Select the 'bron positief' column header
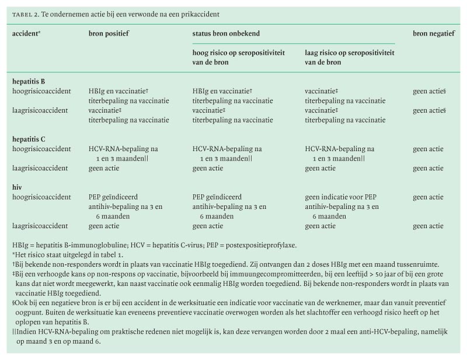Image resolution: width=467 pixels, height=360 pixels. pyautogui.click(x=109, y=34)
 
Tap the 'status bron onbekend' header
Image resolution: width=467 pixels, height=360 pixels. pyautogui.click(x=226, y=34)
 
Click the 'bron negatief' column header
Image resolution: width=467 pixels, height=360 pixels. pyautogui.click(x=434, y=34)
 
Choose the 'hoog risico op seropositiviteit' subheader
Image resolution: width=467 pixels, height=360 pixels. pyautogui.click(x=239, y=53)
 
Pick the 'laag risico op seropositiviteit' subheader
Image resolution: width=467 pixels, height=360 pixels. pyautogui.click(x=349, y=53)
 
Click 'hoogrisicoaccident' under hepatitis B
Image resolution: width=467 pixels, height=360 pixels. pyautogui.click(x=41, y=91)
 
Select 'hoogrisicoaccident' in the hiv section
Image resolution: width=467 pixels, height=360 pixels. pyautogui.click(x=41, y=197)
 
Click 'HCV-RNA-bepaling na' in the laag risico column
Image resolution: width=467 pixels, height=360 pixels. pyautogui.click(x=340, y=149)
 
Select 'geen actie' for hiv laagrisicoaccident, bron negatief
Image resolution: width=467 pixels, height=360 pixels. pyautogui.click(x=428, y=226)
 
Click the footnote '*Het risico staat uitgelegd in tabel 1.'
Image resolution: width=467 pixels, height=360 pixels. pyautogui.click(x=67, y=254)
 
